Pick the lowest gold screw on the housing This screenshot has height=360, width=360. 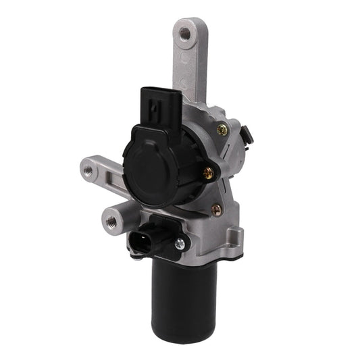pos(215,210)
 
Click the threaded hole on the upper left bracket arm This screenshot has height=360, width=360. pos(88,170)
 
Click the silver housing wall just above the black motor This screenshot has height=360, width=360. pos(203,253)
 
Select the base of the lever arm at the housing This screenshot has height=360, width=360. pos(196,95)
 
